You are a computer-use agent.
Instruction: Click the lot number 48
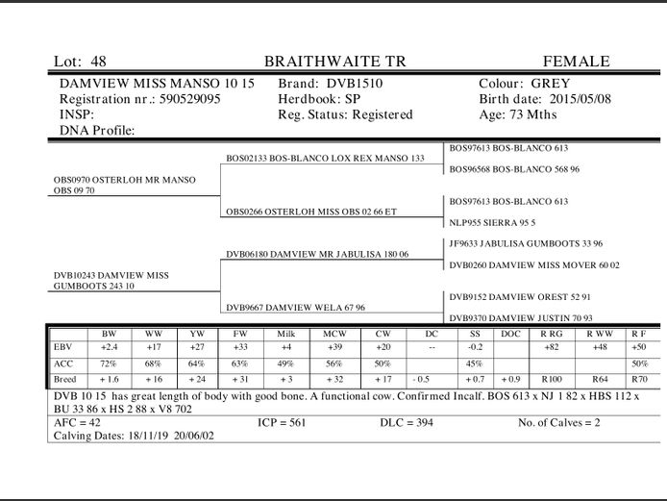tap(99, 62)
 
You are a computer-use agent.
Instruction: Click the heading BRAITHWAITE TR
tap(334, 62)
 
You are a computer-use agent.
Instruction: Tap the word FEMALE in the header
tap(576, 62)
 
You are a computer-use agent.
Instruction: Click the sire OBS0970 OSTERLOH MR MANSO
tap(124, 180)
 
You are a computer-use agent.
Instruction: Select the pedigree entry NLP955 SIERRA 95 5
tap(492, 221)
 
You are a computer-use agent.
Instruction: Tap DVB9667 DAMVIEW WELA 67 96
tap(295, 308)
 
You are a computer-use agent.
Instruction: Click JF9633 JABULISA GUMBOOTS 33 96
tap(525, 243)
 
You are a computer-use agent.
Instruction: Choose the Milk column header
tap(284, 334)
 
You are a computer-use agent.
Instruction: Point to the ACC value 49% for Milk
tap(284, 364)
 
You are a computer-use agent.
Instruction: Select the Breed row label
tap(65, 380)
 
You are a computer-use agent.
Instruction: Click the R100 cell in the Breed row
tap(551, 380)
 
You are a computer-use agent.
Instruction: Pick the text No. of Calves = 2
tap(571, 422)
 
